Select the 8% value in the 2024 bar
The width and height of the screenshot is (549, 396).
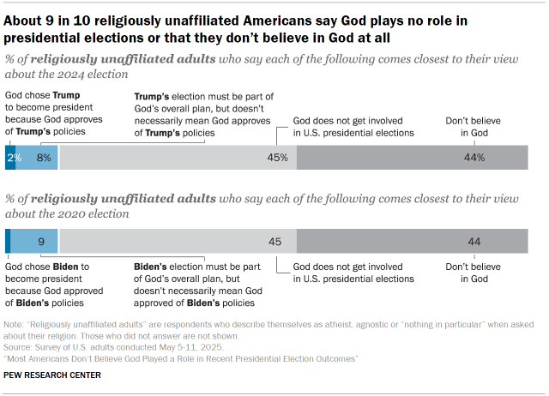[44, 158]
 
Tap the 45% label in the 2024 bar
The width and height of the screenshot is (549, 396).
[276, 158]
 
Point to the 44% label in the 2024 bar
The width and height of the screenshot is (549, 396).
[474, 158]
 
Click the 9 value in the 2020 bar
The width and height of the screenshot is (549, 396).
[40, 242]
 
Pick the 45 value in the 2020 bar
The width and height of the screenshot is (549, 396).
[275, 242]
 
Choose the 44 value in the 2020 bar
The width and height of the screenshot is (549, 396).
[474, 242]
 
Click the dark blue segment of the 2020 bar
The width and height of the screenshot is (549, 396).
[8, 242]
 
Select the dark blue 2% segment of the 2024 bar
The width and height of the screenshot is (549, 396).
[11, 158]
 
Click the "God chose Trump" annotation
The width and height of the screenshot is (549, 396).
[45, 114]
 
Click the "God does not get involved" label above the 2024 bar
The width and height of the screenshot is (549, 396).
[353, 127]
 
